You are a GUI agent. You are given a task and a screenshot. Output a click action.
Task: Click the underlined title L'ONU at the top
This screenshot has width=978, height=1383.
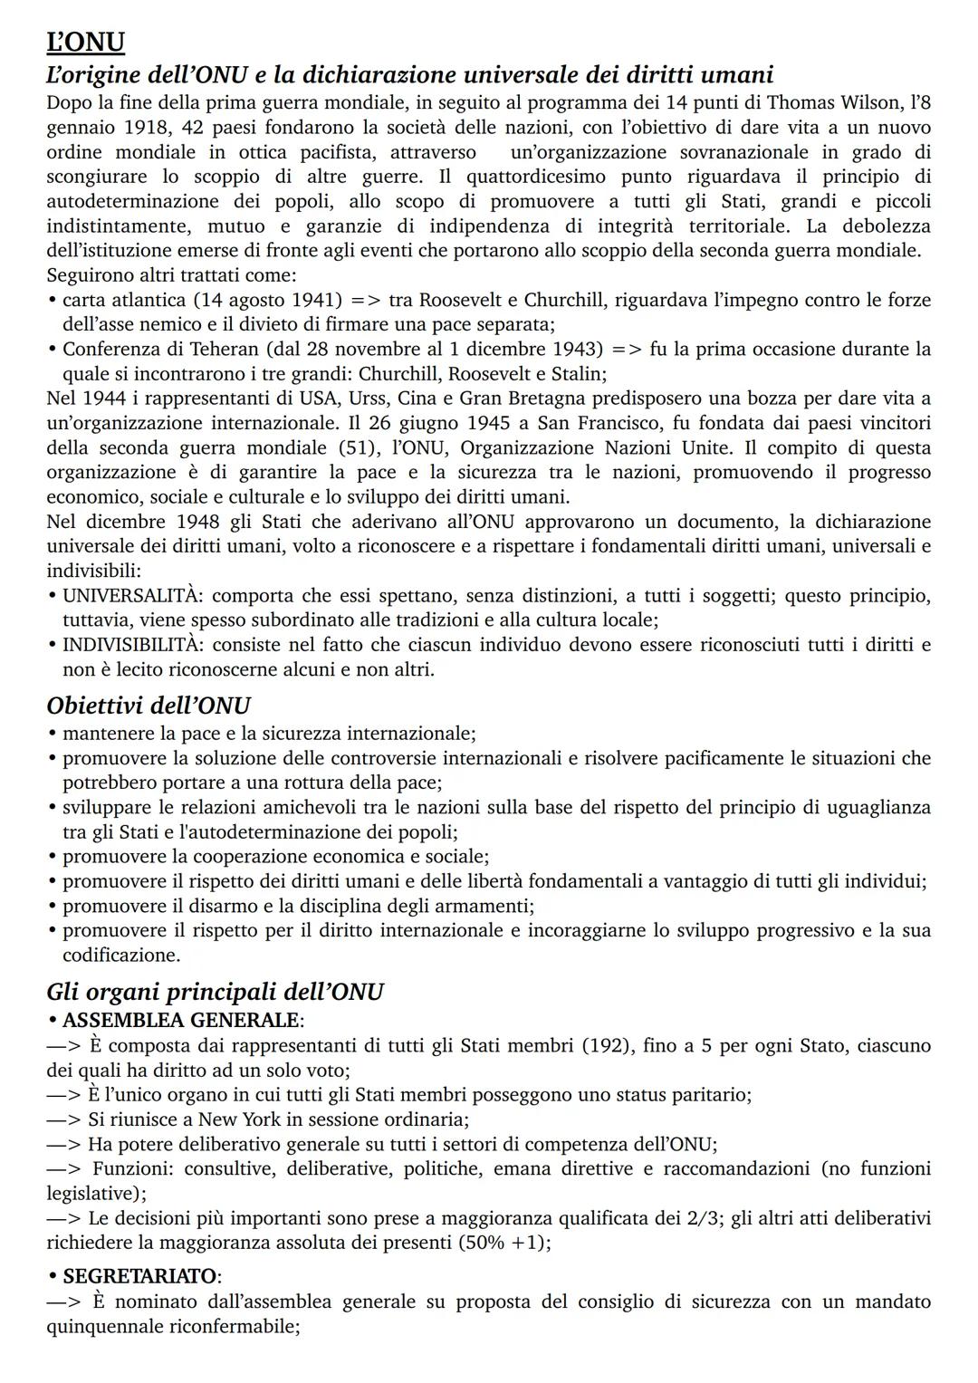(x=85, y=42)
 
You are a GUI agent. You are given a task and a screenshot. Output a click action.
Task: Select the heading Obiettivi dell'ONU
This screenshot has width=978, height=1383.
(x=149, y=706)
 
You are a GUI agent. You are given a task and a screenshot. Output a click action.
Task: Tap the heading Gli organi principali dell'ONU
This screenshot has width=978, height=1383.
(x=215, y=992)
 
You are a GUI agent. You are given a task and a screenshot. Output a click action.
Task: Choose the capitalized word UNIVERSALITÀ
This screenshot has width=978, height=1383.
(x=129, y=596)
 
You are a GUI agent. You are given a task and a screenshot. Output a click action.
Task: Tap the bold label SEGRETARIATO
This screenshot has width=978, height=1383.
(x=139, y=1276)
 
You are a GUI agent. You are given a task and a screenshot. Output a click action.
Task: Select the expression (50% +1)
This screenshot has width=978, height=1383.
(x=503, y=1243)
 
